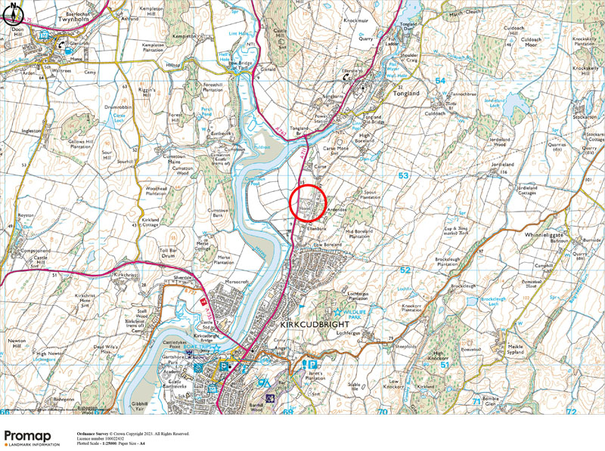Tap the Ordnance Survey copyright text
coord(132,434)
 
